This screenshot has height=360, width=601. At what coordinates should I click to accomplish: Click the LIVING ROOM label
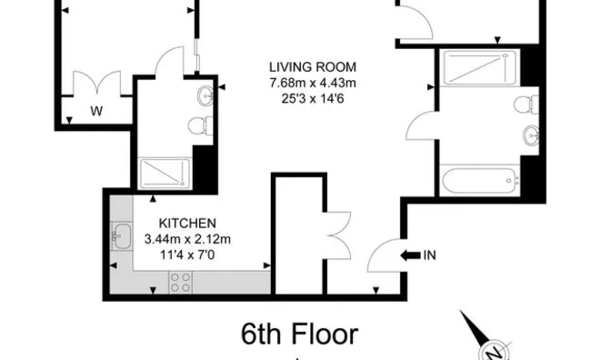tap(312, 66)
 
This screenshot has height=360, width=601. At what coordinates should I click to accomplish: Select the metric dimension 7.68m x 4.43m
tap(312, 82)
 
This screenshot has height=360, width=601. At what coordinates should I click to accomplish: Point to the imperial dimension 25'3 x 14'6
tap(312, 97)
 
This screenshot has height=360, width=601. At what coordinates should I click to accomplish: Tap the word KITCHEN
tap(187, 224)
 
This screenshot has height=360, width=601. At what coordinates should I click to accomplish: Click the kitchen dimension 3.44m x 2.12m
tap(188, 239)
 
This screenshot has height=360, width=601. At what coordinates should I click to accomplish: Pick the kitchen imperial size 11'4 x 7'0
tap(188, 255)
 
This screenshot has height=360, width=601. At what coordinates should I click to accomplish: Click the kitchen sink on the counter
tap(120, 238)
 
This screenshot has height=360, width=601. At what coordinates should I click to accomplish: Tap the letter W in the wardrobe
tap(95, 113)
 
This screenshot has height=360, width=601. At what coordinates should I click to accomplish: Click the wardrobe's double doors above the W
tap(95, 83)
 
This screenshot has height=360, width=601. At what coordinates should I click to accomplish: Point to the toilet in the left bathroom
tap(199, 126)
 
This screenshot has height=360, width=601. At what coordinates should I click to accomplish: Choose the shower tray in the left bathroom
tap(165, 175)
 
